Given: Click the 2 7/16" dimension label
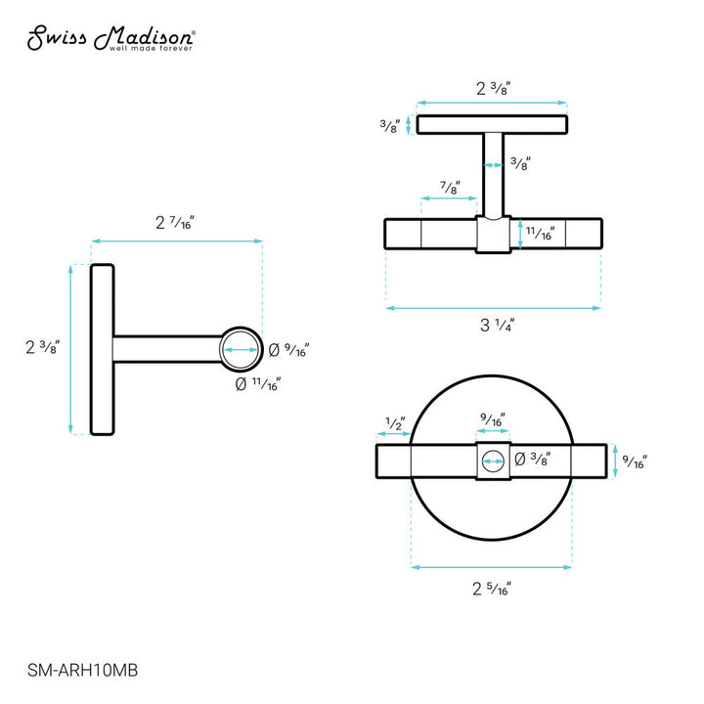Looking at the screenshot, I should (x=176, y=223).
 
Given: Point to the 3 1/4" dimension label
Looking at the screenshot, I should (x=494, y=326).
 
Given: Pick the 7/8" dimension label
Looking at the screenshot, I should (x=450, y=189).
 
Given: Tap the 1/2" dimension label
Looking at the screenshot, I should (x=395, y=423).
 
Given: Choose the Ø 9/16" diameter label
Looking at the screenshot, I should (x=289, y=348).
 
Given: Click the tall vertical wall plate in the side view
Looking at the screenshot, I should (x=103, y=349).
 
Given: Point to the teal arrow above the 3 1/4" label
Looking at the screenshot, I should (x=494, y=308).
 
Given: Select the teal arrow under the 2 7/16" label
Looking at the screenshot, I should (x=176, y=241).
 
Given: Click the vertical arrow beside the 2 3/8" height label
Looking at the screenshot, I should (x=70, y=349).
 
